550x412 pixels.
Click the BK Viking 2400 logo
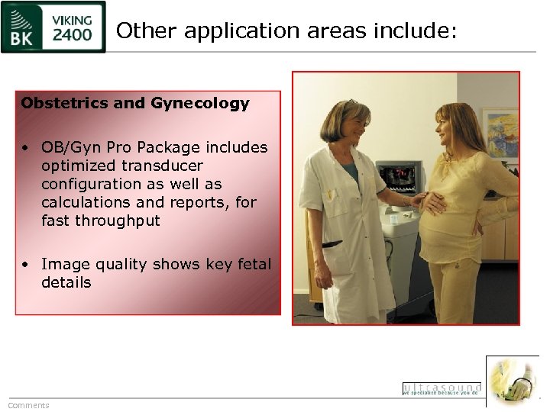(53, 27)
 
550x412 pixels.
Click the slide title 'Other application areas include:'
(286, 31)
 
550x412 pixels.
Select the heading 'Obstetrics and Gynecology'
(135, 103)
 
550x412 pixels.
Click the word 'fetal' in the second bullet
(253, 264)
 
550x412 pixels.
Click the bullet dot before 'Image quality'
(25, 265)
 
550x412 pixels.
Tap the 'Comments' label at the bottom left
(28, 405)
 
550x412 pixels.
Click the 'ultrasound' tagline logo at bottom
(442, 388)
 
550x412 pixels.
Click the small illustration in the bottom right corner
(513, 381)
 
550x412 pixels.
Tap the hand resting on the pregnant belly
(433, 203)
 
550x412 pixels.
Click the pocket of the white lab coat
(333, 246)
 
